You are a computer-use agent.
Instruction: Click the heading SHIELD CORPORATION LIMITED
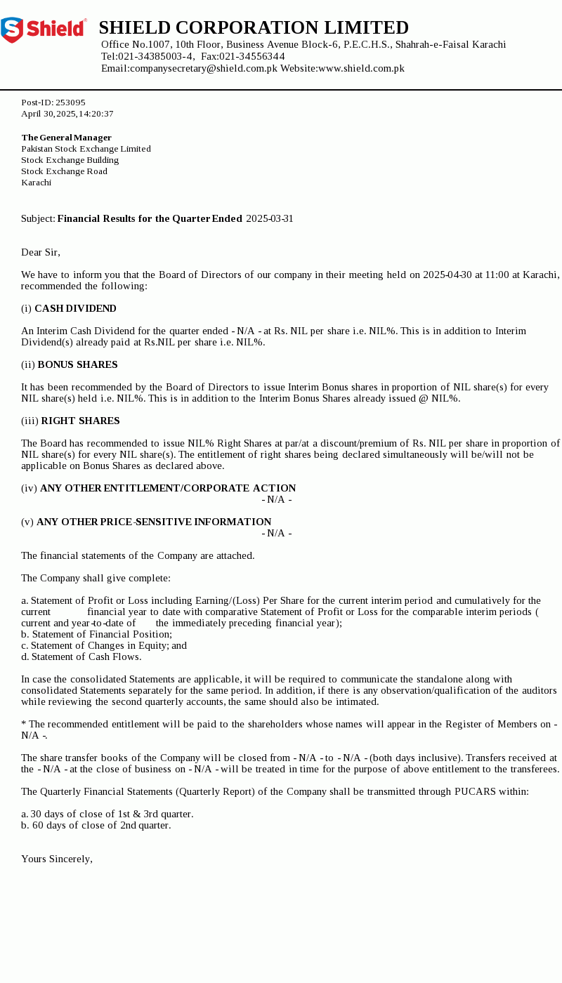(254, 27)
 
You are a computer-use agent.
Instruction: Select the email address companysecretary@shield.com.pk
(203, 68)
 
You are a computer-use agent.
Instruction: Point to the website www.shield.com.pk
(361, 68)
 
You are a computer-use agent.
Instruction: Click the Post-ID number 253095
(70, 103)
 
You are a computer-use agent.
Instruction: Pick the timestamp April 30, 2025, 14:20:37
(67, 114)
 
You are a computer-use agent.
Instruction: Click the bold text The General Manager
(67, 138)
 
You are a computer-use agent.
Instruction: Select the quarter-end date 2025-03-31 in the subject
(270, 218)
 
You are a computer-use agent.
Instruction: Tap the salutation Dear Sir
(41, 252)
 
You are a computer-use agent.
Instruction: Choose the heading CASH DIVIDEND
(75, 308)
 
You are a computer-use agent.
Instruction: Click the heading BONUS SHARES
(77, 364)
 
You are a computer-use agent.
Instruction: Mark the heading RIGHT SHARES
(80, 421)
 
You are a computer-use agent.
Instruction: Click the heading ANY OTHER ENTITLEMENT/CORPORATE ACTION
(168, 488)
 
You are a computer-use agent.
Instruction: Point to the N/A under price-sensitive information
(277, 533)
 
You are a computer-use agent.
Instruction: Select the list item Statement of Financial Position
(101, 634)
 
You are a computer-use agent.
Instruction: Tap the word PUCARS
(476, 791)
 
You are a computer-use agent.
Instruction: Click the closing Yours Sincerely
(57, 859)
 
